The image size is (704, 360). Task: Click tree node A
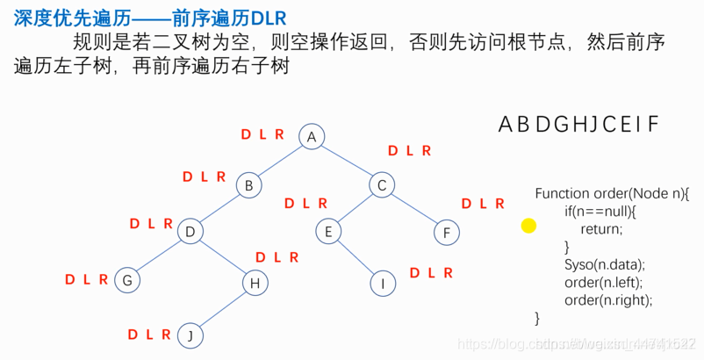coord(311,136)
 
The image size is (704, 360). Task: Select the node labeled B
coord(249,185)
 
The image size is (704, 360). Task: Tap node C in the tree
coord(381,185)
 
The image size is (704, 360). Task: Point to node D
coord(190,232)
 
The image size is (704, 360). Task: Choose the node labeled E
coord(328,232)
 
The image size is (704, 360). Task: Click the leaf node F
coord(446,233)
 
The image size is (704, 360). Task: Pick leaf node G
coord(127,281)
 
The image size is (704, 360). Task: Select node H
coord(255,282)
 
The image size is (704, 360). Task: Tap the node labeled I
coord(382,283)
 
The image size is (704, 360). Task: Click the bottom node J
coord(190,335)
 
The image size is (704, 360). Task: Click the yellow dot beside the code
coord(528,226)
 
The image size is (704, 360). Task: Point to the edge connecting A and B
coord(280,161)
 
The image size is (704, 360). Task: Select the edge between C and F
coord(413,209)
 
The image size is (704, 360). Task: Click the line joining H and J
coord(222,308)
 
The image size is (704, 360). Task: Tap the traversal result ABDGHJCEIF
coord(578,125)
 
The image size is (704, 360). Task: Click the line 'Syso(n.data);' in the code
coord(605,264)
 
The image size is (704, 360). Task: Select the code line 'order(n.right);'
coord(608,299)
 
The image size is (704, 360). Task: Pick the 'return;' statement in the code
coord(600,228)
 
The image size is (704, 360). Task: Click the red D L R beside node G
coord(86,280)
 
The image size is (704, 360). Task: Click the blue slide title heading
coord(150,18)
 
